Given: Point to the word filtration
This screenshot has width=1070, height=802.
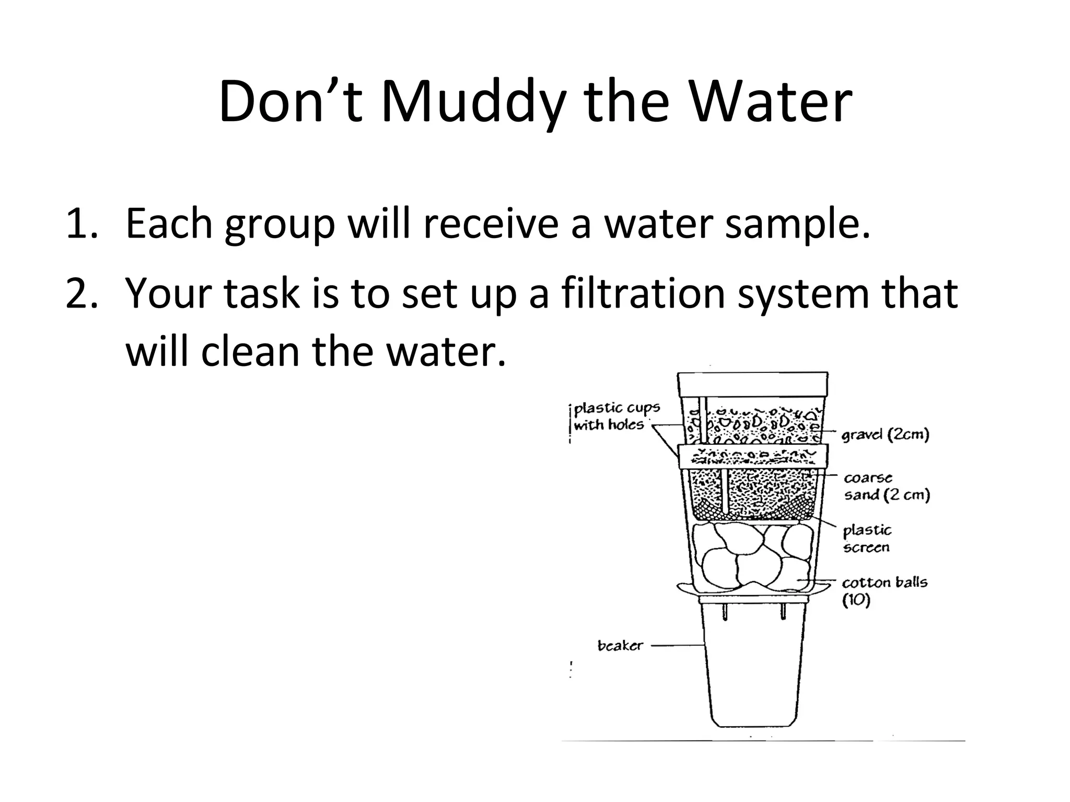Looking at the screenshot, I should pyautogui.click(x=644, y=293).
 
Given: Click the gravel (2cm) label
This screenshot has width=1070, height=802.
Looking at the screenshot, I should pyautogui.click(x=885, y=434).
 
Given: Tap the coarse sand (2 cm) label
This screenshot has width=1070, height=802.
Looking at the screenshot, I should pyautogui.click(x=887, y=486).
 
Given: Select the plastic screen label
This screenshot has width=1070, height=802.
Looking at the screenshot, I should pyautogui.click(x=867, y=538).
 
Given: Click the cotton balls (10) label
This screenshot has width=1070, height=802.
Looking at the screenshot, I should pyautogui.click(x=884, y=591).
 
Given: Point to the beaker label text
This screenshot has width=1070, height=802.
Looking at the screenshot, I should pyautogui.click(x=620, y=646).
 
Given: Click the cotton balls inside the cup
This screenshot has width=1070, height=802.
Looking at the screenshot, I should pyautogui.click(x=752, y=556).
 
